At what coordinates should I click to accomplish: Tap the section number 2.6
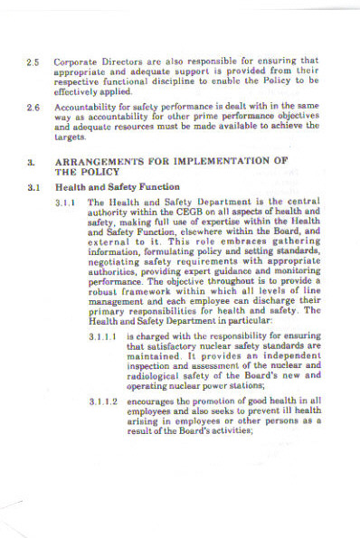[33, 109]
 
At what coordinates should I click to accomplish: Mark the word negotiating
[117, 269]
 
